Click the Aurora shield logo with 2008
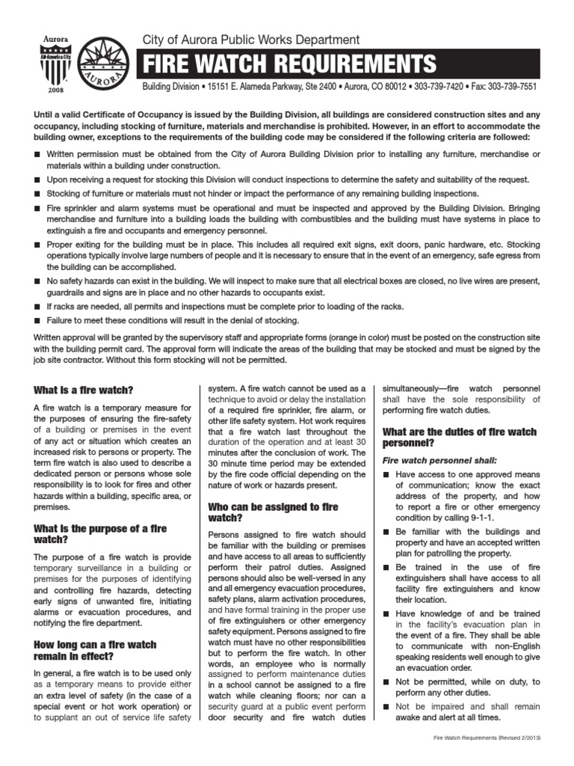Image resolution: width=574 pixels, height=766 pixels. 53,64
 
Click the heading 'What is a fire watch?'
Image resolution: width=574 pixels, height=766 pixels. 84,390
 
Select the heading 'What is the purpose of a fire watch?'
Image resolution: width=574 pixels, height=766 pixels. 100,533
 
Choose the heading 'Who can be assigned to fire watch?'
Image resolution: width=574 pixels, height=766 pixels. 274,512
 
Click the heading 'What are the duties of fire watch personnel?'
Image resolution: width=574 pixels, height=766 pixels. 459,438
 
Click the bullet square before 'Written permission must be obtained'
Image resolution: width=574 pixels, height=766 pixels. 38,154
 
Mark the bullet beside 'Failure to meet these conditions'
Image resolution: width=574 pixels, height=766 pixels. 38,320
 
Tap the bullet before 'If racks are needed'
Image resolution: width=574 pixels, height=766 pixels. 38,307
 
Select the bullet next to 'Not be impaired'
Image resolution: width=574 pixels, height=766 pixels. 386,706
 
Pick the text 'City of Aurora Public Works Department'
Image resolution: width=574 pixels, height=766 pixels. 250,40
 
